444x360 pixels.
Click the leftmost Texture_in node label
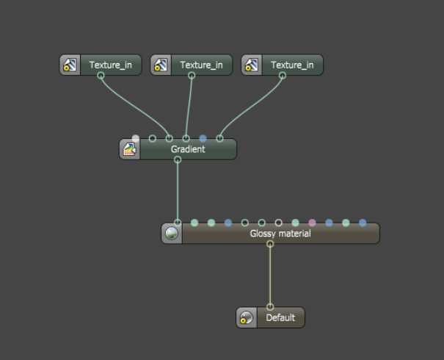pyautogui.click(x=110, y=65)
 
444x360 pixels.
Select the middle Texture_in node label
pyautogui.click(x=201, y=65)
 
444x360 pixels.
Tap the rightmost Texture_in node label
pyautogui.click(x=291, y=65)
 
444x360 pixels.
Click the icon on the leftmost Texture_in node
pyautogui.click(x=70, y=65)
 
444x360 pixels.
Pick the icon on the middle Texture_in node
pyautogui.click(x=161, y=65)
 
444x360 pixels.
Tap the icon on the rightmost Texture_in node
pyautogui.click(x=252, y=65)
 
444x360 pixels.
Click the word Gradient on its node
pyautogui.click(x=188, y=149)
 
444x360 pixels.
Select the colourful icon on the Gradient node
pyautogui.click(x=130, y=150)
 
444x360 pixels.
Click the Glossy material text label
pyautogui.click(x=280, y=234)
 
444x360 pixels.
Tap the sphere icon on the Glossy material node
pyautogui.click(x=172, y=234)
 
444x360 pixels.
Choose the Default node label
pyautogui.click(x=280, y=317)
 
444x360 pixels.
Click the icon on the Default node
pyautogui.click(x=247, y=317)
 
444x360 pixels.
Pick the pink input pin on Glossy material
pyautogui.click(x=312, y=223)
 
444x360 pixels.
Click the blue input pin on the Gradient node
pyautogui.click(x=203, y=138)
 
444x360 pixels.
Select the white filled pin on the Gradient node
pyautogui.click(x=136, y=138)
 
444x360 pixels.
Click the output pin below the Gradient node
pyautogui.click(x=178, y=159)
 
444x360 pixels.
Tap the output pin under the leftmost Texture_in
pyautogui.click(x=101, y=76)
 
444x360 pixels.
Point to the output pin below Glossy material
pyautogui.click(x=270, y=244)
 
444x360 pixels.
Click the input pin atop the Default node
pyautogui.click(x=270, y=307)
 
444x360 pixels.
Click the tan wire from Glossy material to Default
pyautogui.click(x=270, y=276)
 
